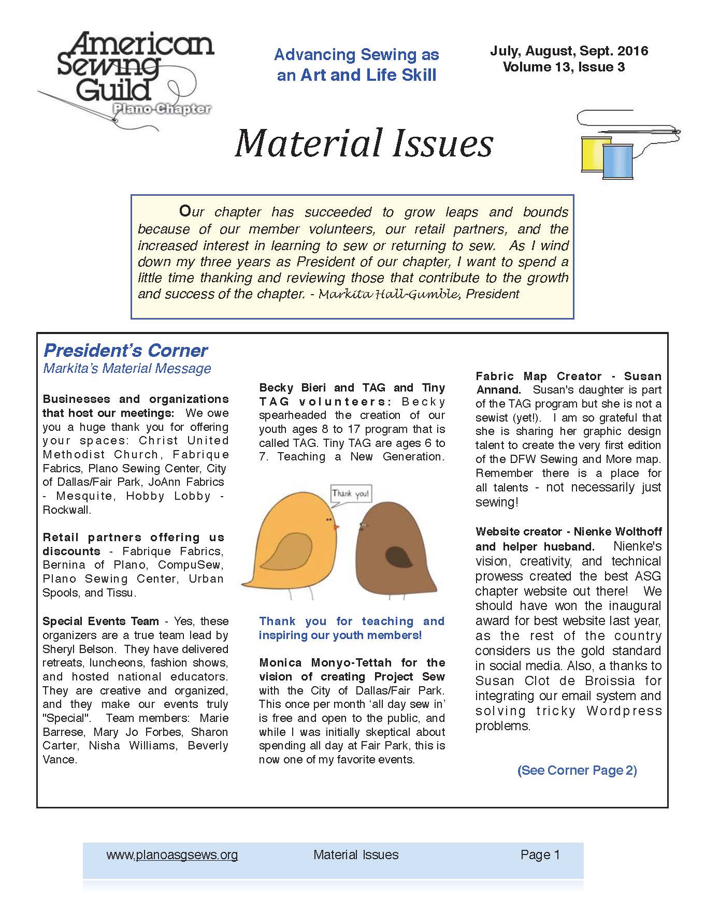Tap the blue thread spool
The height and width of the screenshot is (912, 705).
[617, 161]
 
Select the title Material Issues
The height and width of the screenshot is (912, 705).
[364, 143]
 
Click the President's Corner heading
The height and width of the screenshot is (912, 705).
[125, 351]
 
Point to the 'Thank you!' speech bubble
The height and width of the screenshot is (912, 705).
[351, 494]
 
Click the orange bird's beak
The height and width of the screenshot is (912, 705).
[336, 528]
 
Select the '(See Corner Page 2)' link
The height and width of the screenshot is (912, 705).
[577, 770]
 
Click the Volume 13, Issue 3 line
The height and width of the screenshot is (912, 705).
[564, 67]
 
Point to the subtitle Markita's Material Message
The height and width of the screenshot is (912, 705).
[127, 368]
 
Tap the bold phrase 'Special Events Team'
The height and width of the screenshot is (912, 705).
[100, 621]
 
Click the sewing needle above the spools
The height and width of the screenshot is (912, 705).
[666, 132]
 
